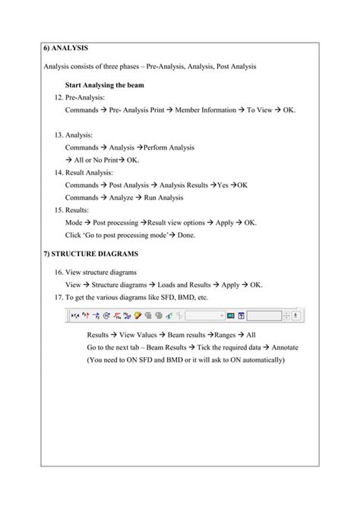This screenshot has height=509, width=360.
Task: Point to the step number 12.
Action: click(x=59, y=98)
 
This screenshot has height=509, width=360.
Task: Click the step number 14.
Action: click(x=59, y=172)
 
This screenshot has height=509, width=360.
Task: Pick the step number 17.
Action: click(x=59, y=296)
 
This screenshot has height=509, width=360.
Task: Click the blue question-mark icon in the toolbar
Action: click(x=242, y=315)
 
